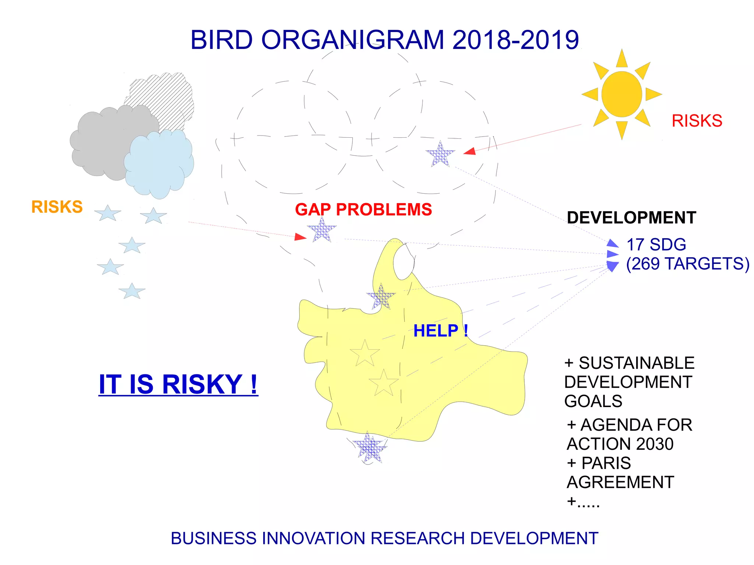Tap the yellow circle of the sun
point(621,94)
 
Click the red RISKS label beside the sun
point(697,121)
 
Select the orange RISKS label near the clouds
point(57,207)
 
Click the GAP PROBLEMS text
point(363,209)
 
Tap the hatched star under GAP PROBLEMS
point(322,230)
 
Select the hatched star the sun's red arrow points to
point(440,155)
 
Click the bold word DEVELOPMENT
point(631,218)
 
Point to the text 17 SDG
point(656,245)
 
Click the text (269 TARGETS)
point(687,264)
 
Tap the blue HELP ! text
point(440,331)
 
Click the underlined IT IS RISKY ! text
point(178,384)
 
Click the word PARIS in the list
point(606,463)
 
